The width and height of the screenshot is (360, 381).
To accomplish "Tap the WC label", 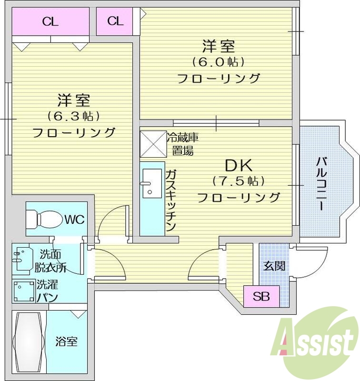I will pos(74,220).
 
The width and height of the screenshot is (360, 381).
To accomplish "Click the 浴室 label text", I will pos(66,341).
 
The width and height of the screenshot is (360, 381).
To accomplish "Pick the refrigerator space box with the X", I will pos(152,144).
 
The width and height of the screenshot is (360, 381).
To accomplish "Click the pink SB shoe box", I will pos(261,297).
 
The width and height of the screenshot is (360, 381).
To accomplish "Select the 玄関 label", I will pos(274,265).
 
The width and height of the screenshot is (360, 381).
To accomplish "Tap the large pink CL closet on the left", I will pos(50,21).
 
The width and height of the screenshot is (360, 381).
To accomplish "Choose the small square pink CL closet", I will pos(115,21).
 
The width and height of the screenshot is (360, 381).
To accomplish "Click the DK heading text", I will pos(238,165).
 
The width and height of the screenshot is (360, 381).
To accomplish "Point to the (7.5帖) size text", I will pos(238,181).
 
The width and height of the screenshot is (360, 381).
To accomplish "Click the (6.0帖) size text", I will pos(218,62).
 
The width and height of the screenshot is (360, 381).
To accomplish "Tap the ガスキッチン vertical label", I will pos(171,201).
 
